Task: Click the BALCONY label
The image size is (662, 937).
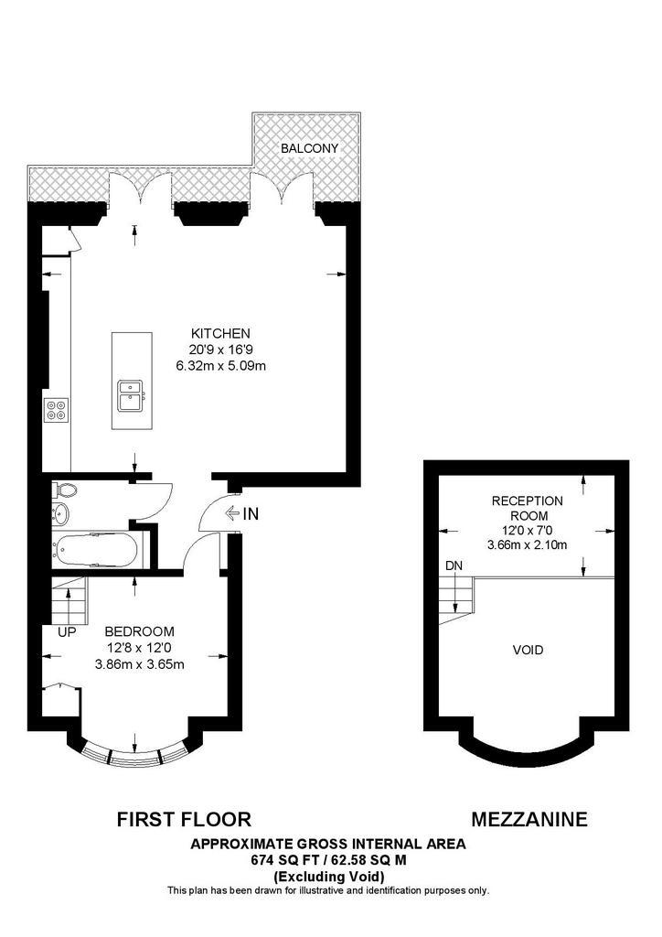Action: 309,148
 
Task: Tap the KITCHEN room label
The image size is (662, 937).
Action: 220,333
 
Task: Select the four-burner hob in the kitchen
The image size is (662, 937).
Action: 56,411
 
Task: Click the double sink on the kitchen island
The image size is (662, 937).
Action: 130,396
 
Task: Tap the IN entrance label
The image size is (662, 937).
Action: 250,514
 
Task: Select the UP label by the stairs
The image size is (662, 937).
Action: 66,632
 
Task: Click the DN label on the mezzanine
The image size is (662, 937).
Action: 454,566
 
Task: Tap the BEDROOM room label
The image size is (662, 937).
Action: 139,632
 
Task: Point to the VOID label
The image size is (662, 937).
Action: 528,651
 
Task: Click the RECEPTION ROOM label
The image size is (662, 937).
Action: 528,508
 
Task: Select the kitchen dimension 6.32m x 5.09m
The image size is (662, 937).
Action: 220,366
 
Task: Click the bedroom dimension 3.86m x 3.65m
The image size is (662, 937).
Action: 139,664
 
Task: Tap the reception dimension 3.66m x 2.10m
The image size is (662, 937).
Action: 528,545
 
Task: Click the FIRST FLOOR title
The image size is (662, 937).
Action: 184,819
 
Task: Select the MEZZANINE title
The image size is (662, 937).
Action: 529,819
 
